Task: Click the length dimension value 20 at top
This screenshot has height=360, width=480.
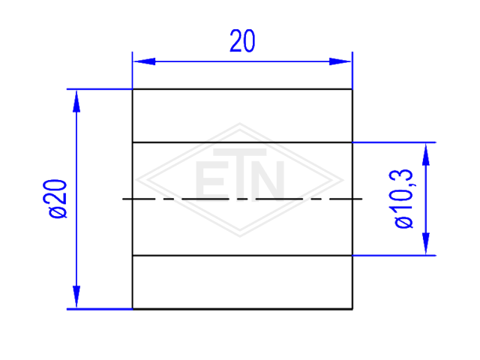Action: (x=242, y=40)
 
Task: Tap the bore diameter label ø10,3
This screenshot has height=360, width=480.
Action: (x=403, y=198)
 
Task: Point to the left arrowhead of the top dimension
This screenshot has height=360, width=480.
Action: (x=145, y=61)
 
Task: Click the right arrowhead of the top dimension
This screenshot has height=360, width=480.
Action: (x=340, y=61)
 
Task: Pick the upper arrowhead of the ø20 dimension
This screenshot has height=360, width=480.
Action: (x=76, y=101)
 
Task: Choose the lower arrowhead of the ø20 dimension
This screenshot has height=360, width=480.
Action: (x=76, y=297)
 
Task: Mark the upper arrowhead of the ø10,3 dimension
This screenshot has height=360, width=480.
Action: (x=426, y=154)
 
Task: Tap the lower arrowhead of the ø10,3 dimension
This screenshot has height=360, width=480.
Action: (x=426, y=243)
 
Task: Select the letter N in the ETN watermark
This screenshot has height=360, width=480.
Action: (x=268, y=179)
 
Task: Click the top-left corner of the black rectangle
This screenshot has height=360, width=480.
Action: (x=133, y=89)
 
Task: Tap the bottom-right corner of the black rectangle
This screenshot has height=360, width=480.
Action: (x=352, y=309)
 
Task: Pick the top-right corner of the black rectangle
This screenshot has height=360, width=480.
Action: (x=352, y=89)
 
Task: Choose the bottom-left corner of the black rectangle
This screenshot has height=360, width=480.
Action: (x=133, y=309)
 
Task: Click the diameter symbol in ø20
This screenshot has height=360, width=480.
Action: (x=58, y=211)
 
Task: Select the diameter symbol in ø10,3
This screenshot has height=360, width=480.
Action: (x=403, y=222)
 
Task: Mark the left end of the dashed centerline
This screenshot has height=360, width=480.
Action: (x=123, y=199)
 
